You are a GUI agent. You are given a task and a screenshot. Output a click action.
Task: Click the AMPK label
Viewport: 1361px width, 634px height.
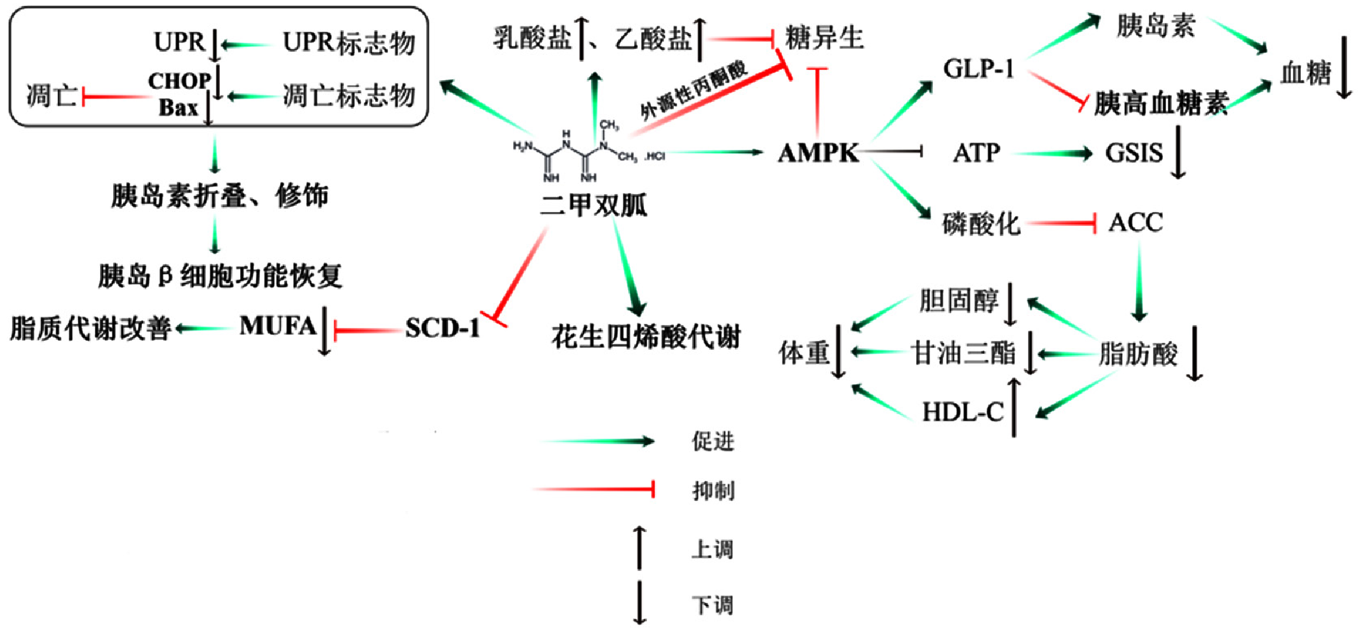pyautogui.click(x=818, y=153)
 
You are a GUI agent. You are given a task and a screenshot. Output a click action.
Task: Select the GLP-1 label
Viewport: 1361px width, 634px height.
pyautogui.click(x=979, y=68)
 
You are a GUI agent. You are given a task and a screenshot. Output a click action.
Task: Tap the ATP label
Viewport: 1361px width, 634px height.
pyautogui.click(x=976, y=153)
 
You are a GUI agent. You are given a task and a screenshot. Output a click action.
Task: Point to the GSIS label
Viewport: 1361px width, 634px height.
pyautogui.click(x=1134, y=153)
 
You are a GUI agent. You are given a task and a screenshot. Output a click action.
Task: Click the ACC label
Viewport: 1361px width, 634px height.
pyautogui.click(x=1135, y=223)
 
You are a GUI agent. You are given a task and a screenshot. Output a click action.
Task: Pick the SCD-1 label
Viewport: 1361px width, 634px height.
pyautogui.click(x=442, y=328)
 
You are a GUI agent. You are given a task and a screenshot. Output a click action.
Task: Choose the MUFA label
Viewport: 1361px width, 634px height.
pyautogui.click(x=278, y=326)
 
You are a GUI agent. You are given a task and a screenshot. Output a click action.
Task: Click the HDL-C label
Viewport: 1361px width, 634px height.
pyautogui.click(x=963, y=412)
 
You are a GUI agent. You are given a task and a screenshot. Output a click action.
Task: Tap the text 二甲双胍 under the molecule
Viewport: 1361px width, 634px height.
pyautogui.click(x=593, y=205)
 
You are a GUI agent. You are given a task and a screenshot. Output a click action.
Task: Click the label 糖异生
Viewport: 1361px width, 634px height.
pyautogui.click(x=824, y=38)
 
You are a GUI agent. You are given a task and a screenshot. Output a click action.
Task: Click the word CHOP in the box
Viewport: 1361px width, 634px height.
pyautogui.click(x=179, y=81)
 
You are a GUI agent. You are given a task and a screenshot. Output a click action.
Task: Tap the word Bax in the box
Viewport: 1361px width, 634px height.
pyautogui.click(x=178, y=107)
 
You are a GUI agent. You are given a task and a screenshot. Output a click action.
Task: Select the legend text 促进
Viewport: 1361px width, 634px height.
pyautogui.click(x=713, y=442)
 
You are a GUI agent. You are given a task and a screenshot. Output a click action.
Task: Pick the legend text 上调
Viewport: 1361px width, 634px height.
pyautogui.click(x=713, y=549)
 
